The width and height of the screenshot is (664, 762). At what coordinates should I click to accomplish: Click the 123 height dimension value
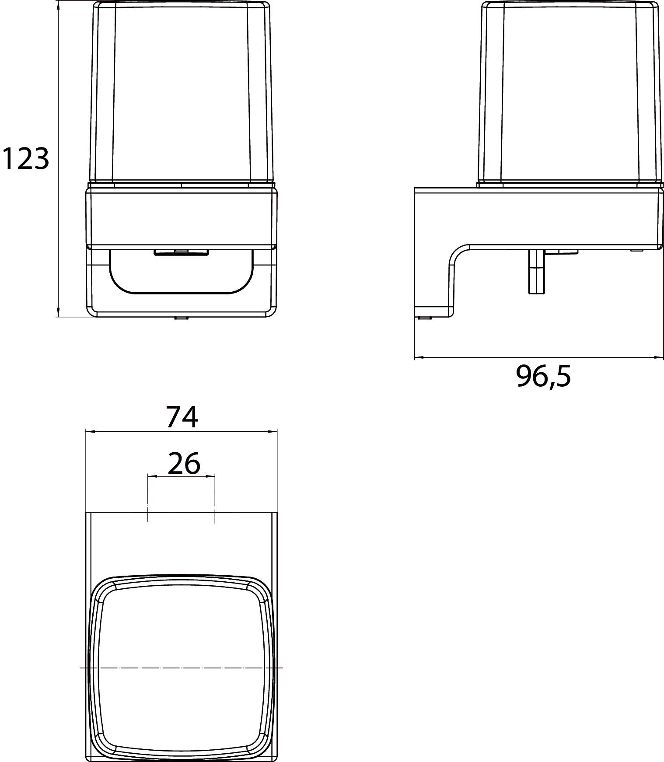click(x=25, y=159)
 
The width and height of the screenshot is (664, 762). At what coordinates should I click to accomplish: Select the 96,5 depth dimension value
click(x=543, y=376)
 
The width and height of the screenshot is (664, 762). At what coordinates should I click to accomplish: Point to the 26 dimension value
click(x=184, y=463)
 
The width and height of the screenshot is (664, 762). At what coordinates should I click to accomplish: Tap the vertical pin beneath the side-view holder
click(x=536, y=271)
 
